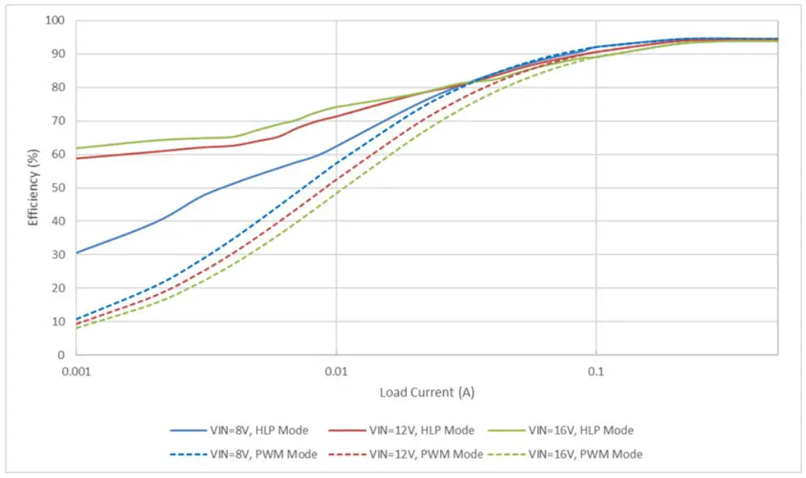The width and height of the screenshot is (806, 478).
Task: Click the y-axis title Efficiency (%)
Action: point(34,188)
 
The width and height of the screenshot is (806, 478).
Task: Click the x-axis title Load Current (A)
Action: point(427,392)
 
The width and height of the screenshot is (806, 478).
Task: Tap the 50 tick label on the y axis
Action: point(58,188)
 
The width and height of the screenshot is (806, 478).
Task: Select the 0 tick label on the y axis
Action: point(60,355)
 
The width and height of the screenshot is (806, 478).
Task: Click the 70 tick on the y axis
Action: point(58,121)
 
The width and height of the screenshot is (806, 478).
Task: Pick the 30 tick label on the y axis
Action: point(58,255)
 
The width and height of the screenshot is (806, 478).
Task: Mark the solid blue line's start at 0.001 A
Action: point(76,252)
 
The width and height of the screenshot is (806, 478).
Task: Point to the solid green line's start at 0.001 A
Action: point(76,148)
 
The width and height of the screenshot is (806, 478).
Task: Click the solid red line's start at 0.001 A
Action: point(76,159)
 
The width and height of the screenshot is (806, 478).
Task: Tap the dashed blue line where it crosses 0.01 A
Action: point(337,163)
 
